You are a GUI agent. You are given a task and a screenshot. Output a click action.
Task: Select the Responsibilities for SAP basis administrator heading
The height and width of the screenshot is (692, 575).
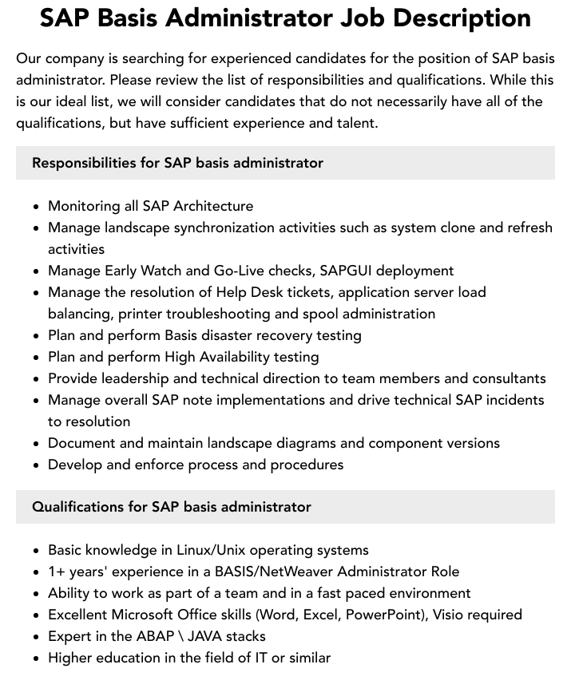pos(177,163)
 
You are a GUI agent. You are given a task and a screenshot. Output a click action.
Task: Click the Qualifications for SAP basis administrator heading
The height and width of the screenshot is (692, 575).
pos(172,507)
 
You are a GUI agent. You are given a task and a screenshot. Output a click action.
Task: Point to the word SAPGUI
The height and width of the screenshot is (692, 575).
pos(349,271)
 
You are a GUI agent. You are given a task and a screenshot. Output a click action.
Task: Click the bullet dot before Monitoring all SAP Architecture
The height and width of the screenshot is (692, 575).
pos(37,207)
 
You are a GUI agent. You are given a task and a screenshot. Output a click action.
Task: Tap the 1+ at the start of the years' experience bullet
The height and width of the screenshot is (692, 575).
pos(57,571)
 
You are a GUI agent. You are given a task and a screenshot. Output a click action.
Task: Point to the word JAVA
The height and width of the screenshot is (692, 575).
pos(206,636)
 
